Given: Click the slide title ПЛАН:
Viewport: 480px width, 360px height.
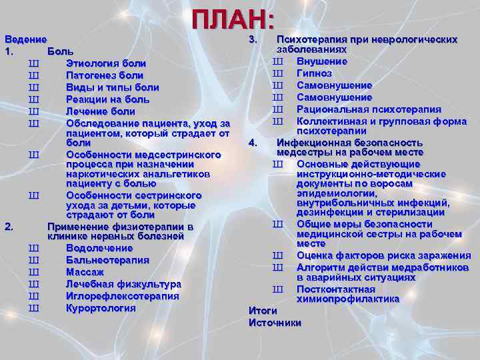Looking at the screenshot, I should click(x=233, y=19).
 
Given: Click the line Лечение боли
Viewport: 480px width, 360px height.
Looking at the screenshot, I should click(x=100, y=111).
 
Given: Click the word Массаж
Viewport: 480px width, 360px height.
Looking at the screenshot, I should click(x=85, y=272).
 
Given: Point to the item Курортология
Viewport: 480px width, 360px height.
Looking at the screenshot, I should click(x=101, y=308).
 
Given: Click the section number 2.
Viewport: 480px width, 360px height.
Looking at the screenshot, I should click(x=9, y=227).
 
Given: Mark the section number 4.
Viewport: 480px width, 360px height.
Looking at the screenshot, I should click(x=253, y=143).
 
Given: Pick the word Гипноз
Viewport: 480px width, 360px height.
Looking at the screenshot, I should click(x=315, y=73).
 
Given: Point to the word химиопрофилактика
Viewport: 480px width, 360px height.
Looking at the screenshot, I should click(x=348, y=299).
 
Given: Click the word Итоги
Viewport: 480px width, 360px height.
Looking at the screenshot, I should click(x=262, y=311).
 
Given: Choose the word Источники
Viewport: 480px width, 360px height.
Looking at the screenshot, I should click(x=275, y=323).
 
